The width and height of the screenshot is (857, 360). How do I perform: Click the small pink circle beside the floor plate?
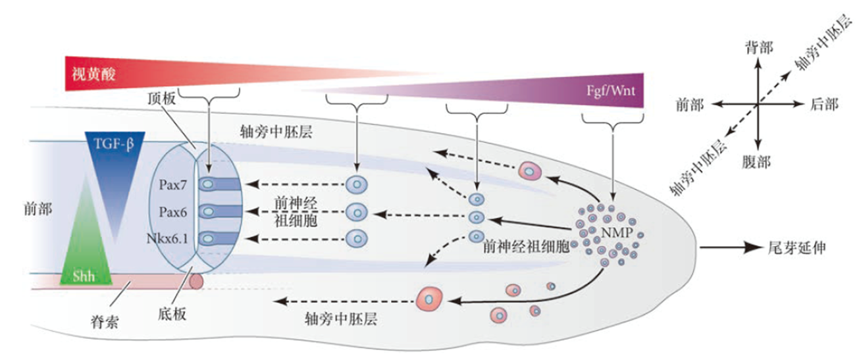point(196,281)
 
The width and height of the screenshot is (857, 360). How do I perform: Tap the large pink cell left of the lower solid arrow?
point(430,300)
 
